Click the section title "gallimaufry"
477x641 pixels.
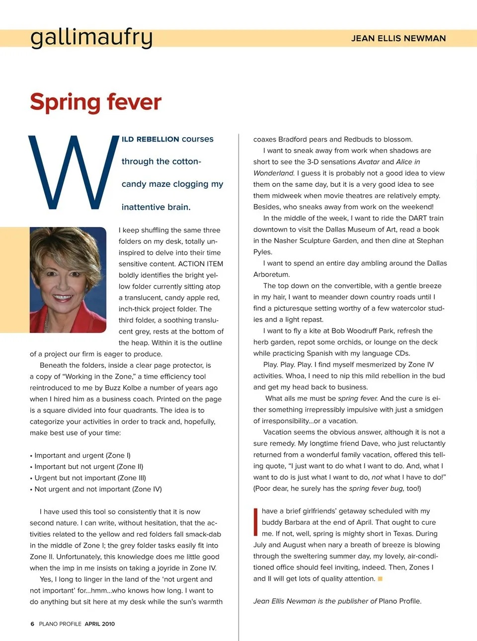91,38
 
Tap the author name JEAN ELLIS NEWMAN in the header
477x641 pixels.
398,38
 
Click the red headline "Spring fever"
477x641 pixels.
95,102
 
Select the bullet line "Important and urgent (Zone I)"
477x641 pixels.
82,455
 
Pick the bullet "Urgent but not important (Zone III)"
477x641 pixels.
90,478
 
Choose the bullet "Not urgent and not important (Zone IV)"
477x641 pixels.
98,489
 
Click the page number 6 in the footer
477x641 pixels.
32,624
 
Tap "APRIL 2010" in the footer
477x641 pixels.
99,624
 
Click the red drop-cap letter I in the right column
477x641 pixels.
255,522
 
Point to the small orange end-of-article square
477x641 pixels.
380,578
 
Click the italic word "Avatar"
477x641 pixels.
369,162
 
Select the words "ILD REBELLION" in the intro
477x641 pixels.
150,139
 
